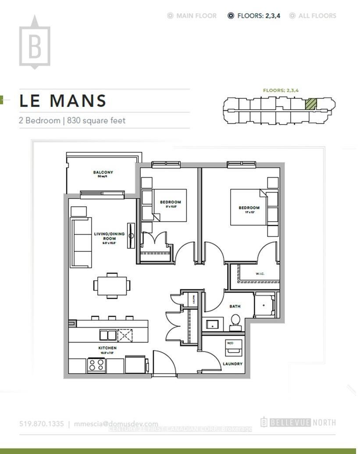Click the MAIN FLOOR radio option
pos(192,16)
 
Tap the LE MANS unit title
pos(63,101)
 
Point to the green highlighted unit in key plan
pos(310,104)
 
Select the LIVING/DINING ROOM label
pos(109,236)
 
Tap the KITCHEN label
pos(107,348)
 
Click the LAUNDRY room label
pos(232,364)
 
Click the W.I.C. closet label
pos(260,275)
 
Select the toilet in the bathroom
pos(235,322)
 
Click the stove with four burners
pos(96,365)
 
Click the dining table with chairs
pos(112,286)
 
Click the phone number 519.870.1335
pos(42,424)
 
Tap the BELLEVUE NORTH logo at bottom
pos(298,422)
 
